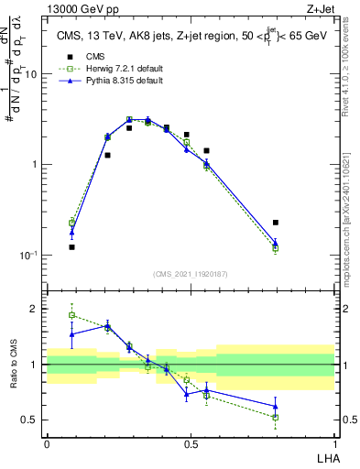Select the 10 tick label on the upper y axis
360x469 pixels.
[x=30, y=75]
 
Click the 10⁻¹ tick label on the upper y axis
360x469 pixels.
[x=27, y=256]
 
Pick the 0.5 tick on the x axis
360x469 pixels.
[x=191, y=444]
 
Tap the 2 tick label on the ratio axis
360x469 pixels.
[x=34, y=310]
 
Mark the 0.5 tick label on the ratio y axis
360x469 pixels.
[x=29, y=420]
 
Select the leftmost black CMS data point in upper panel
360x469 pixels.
[x=71, y=247]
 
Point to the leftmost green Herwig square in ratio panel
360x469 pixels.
[x=71, y=315]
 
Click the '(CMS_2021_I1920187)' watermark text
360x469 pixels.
[x=191, y=274]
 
